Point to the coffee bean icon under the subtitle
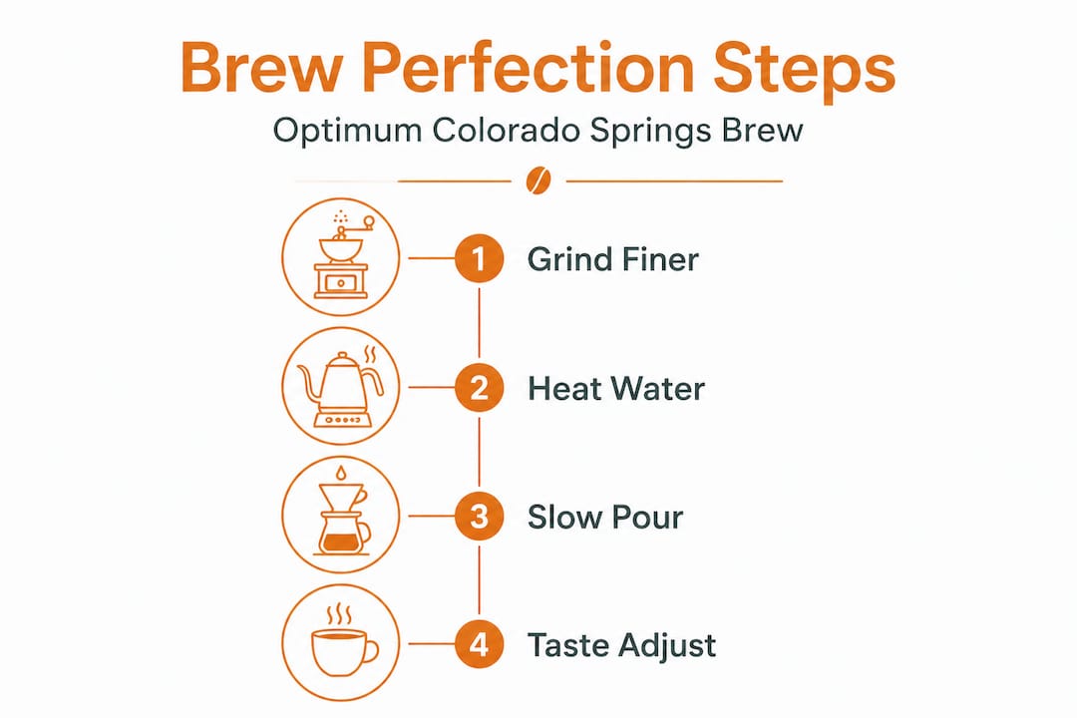538,180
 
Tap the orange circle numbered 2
479,388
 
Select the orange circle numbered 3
479,518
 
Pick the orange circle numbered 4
479,644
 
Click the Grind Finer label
612,259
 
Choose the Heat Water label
615,388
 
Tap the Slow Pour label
605,518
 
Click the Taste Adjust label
621,645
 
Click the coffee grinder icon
341,259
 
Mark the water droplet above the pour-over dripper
342,472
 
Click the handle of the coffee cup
370,652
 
